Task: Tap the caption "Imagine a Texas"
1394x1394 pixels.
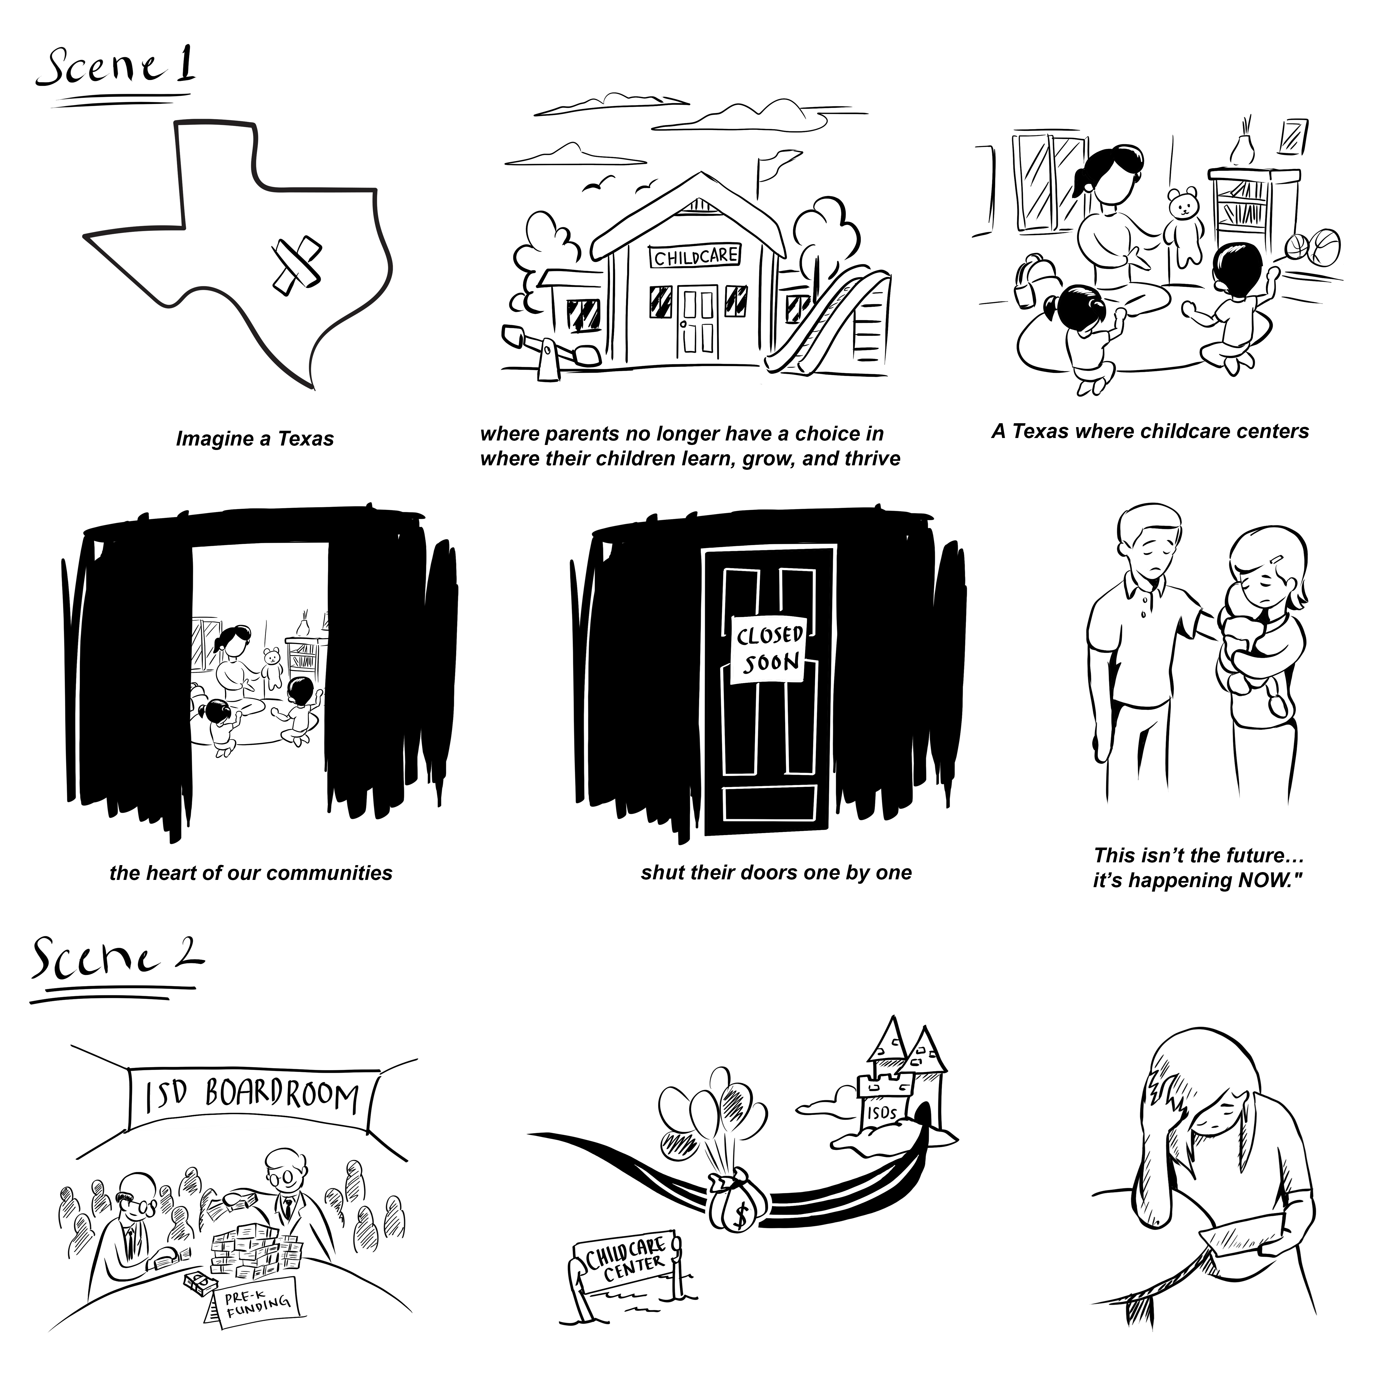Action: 255,439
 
